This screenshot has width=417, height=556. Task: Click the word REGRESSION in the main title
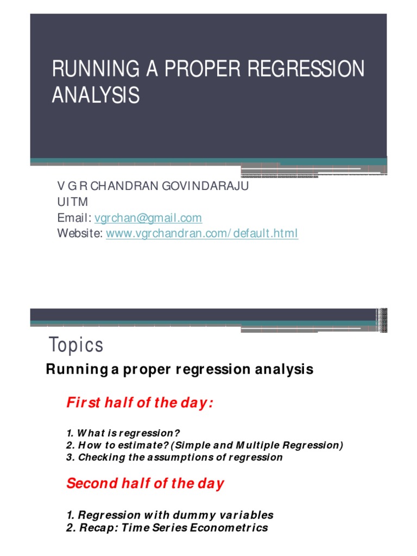[306, 68]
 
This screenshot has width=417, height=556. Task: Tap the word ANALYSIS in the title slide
[96, 95]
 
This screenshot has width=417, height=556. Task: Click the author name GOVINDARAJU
[205, 186]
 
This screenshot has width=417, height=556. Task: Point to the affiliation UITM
[72, 202]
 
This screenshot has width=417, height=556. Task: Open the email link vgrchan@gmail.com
[148, 218]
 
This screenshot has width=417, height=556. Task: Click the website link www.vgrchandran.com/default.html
[202, 233]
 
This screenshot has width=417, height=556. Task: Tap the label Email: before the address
[74, 218]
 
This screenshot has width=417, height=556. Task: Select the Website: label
[80, 233]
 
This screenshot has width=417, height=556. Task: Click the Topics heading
[76, 345]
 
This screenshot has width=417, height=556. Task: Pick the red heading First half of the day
[140, 403]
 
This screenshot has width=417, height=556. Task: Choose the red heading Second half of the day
[146, 484]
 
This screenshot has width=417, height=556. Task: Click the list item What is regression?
[123, 433]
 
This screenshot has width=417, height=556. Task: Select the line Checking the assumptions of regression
[174, 457]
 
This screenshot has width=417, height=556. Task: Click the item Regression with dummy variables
[170, 515]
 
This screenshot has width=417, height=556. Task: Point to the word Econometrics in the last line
[229, 528]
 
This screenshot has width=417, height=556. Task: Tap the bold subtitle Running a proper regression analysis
[179, 369]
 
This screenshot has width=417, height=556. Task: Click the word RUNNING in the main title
[96, 68]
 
